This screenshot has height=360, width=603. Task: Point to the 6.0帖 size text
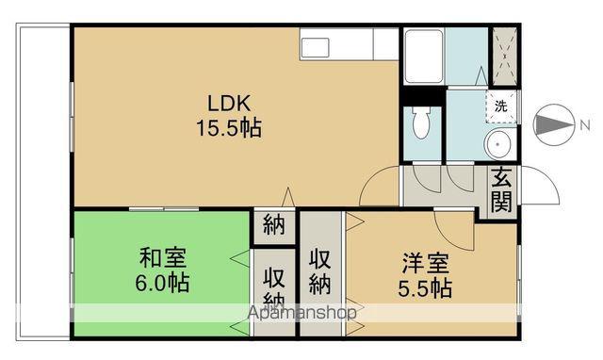(163, 282)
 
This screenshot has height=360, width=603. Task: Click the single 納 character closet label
(274, 226)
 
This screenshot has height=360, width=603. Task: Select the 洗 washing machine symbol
(500, 106)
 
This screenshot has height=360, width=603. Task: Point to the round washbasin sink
(500, 144)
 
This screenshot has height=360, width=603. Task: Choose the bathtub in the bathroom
(423, 57)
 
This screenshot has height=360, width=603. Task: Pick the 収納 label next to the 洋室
(320, 269)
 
